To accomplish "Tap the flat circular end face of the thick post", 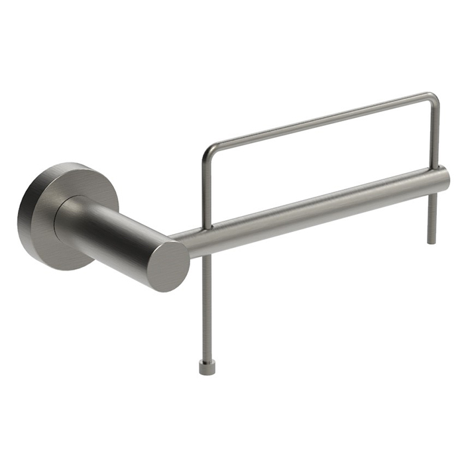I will [x=168, y=266].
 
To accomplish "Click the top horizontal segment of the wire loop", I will [x=318, y=119].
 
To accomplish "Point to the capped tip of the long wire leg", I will [x=206, y=367].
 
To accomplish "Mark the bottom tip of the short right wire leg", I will [x=432, y=240].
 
